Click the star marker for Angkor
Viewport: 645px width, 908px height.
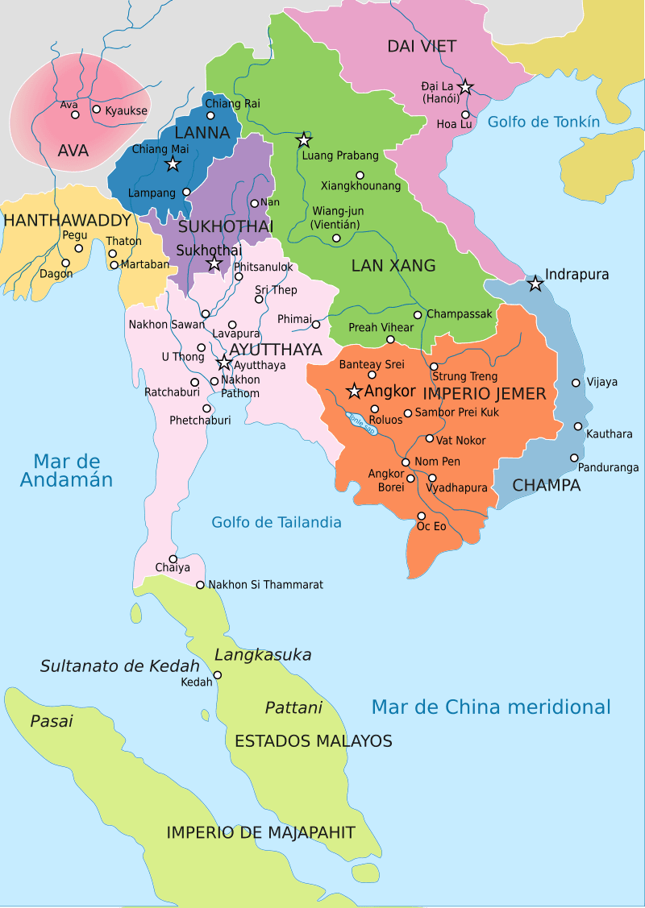353,392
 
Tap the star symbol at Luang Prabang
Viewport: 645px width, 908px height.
304,139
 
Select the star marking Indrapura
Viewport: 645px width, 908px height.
535,283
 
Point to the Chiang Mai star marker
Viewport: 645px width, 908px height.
172,164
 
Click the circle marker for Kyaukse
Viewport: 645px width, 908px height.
97,110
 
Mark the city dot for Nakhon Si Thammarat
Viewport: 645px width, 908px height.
200,585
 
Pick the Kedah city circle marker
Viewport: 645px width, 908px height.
218,675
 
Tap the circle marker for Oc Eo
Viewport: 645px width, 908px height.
421,516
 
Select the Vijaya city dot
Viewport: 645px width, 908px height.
576,383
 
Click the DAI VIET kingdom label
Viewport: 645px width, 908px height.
422,47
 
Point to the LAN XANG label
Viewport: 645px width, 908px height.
393,265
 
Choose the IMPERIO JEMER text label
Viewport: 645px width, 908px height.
485,394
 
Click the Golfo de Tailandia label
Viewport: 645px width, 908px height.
277,522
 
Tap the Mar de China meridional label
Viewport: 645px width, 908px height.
490,707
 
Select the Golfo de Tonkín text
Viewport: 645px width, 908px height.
544,122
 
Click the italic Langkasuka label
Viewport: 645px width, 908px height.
263,654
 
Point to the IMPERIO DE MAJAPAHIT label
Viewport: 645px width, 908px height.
260,833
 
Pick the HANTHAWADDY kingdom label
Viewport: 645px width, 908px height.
67,220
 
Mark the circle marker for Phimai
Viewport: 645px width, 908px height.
316,325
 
